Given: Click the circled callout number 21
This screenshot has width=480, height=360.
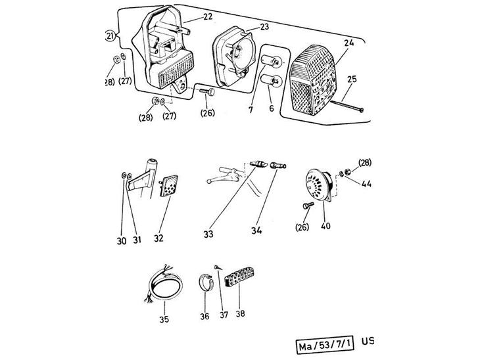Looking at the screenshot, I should tap(110, 35).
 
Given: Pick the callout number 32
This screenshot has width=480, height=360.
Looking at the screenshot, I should tap(160, 240).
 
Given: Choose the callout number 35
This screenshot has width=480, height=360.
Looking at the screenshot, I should tap(164, 320).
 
